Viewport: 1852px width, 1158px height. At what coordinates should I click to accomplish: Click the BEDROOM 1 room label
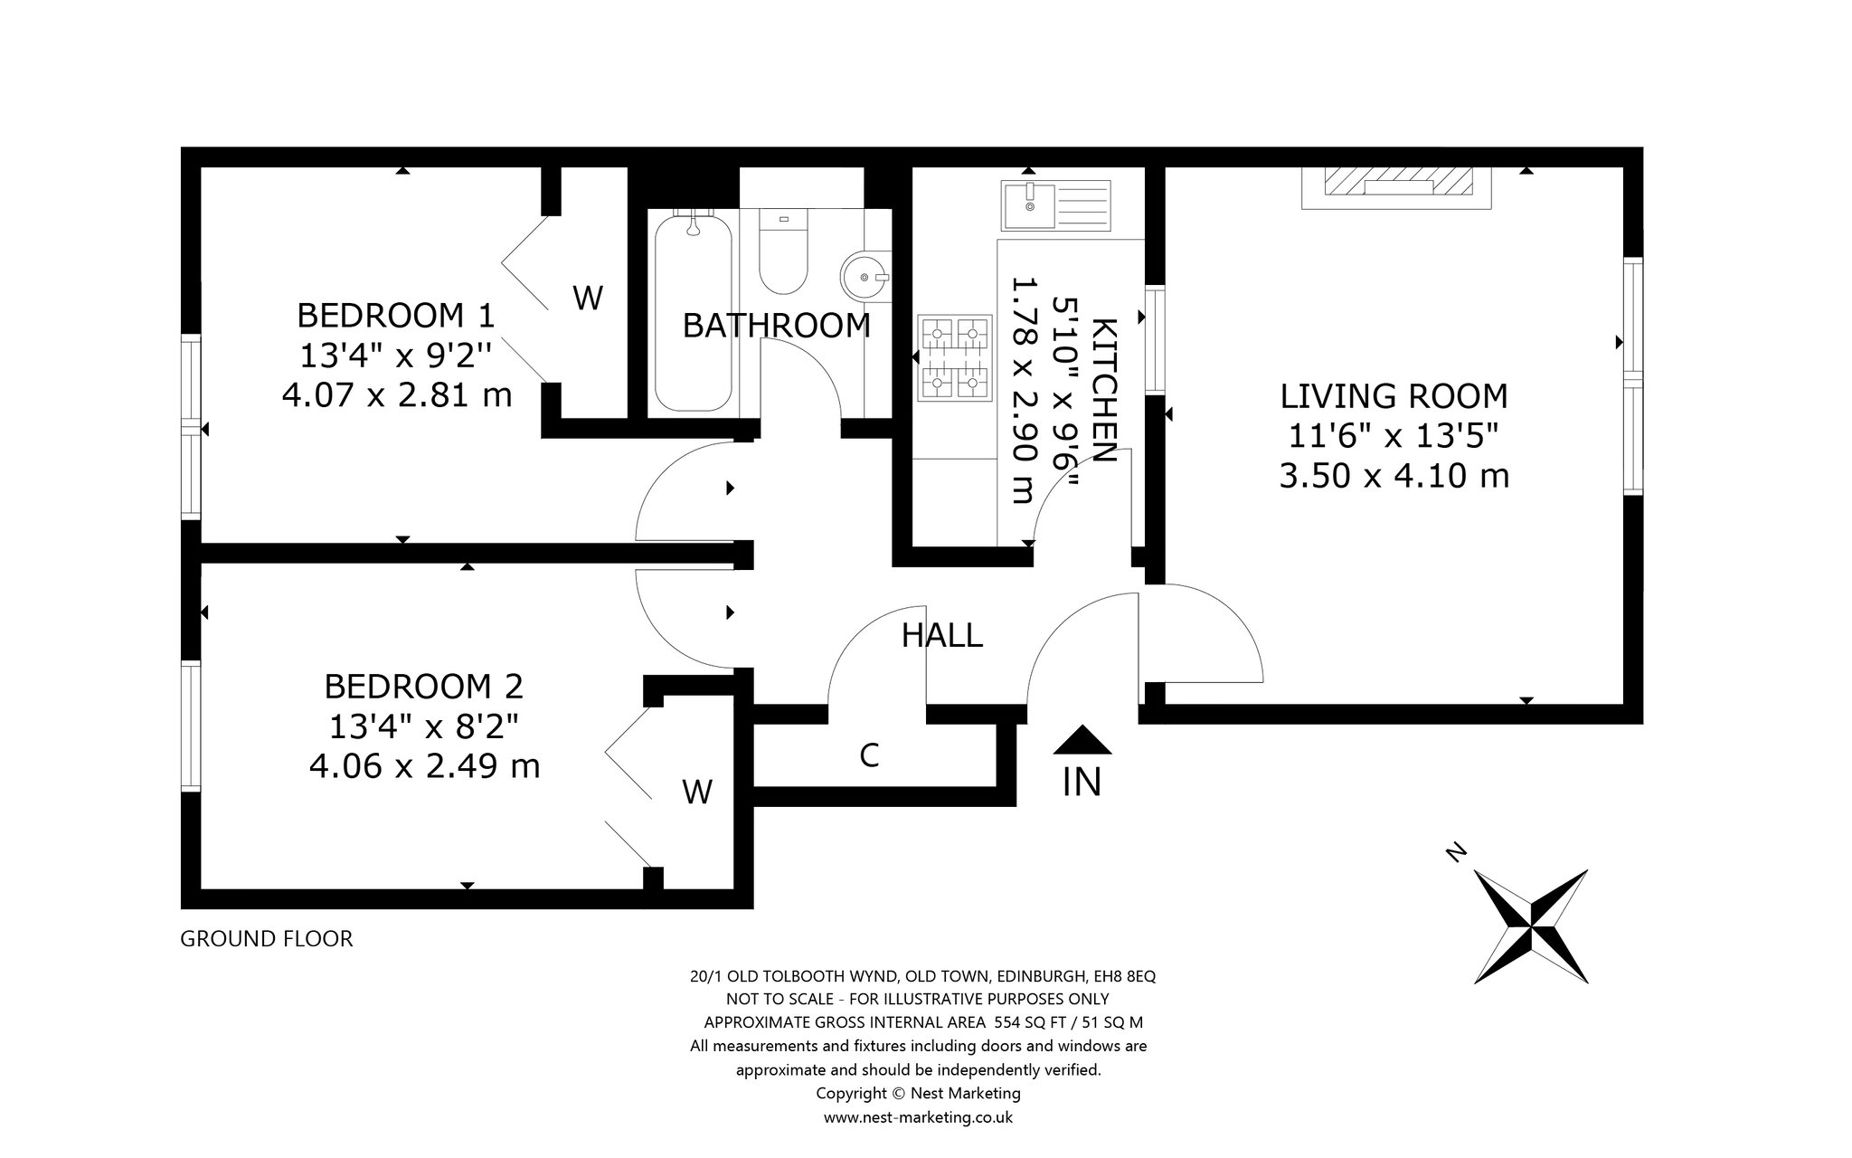pos(396,316)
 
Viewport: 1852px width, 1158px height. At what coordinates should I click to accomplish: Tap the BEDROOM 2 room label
pos(423,687)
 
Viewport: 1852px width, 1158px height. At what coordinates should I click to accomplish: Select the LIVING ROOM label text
pos(1394,396)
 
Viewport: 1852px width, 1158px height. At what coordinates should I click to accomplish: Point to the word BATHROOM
pos(776,326)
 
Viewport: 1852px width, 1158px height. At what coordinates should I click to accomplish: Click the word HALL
pos(941,636)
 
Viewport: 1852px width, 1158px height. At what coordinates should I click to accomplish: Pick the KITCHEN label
pos(1105,390)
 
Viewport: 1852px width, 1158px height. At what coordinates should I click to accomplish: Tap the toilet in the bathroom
pos(782,251)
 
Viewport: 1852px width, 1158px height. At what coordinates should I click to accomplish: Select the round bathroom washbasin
pos(865,274)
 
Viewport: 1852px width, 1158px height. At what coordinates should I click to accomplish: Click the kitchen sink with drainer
pos(1055,205)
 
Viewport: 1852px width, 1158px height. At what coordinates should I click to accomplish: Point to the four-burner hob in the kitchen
pos(954,357)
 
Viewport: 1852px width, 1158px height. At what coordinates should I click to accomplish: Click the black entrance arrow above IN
pos(1082,740)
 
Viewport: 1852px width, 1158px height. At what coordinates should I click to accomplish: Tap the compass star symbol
pos(1532,925)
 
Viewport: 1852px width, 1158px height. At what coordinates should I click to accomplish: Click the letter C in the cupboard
pos(869,755)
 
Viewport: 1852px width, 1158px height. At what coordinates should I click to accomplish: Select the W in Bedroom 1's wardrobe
pos(588,298)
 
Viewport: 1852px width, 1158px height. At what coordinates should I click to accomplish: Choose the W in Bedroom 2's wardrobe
pos(697,792)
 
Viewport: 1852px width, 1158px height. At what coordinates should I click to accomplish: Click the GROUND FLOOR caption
pos(267,939)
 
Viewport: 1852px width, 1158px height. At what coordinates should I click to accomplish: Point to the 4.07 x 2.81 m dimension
pos(397,395)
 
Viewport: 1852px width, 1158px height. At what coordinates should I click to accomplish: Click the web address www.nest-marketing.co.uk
pos(918,1117)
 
